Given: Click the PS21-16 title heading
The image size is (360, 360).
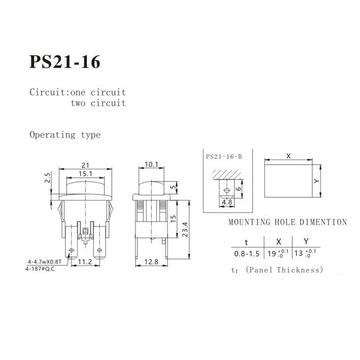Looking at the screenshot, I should click(65, 62).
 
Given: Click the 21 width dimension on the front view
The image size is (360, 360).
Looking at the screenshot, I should click(85, 165).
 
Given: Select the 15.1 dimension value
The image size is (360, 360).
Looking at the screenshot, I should click(85, 173).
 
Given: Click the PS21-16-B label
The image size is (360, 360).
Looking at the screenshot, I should click(224, 157).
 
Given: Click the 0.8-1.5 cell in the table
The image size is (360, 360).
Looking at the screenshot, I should click(247, 253).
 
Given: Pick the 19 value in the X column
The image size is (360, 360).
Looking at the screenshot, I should click(272, 253).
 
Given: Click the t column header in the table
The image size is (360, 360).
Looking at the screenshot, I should click(246, 241).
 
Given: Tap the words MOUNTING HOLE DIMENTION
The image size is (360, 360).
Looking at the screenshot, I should click(288, 222).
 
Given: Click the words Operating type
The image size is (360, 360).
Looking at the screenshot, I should click(65, 135).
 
